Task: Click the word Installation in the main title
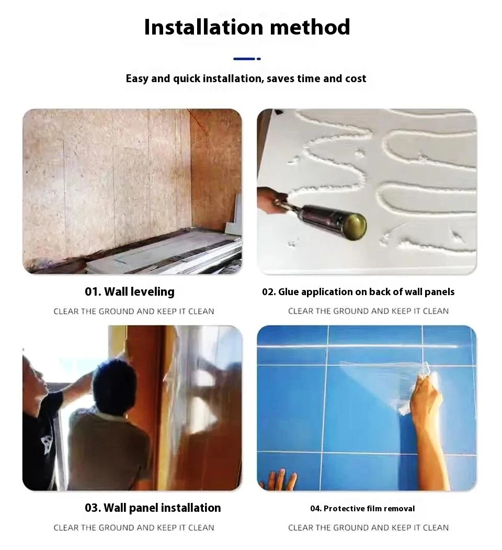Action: pos(203,27)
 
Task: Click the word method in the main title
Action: pos(310,27)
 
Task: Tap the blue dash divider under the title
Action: pos(247,59)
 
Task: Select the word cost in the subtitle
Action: pos(356,78)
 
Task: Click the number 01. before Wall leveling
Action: pos(93,291)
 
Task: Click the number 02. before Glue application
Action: pos(269,292)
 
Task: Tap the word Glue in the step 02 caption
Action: pos(289,292)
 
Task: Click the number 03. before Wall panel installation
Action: pos(93,508)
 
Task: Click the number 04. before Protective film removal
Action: pos(316,509)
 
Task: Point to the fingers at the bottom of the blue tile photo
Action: pos(282,480)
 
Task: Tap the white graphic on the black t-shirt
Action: pos(47,444)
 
